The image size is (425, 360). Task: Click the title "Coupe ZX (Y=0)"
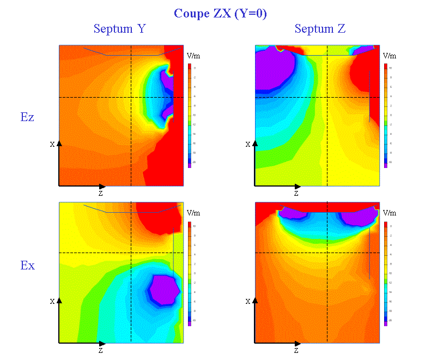tap(220, 14)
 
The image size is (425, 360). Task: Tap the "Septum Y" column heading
tap(119, 29)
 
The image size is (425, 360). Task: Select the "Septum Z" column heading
tap(320, 29)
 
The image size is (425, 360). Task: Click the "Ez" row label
tap(27, 117)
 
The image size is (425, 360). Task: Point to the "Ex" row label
tap(27, 266)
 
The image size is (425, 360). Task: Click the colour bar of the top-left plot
tap(190, 115)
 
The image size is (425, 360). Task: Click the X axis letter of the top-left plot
tap(52, 145)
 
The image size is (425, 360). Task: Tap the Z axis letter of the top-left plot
tap(100, 193)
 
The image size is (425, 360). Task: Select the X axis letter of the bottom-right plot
tap(248, 301)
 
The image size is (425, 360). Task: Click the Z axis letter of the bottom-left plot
tap(100, 350)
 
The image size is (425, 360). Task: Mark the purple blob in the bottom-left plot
tap(165, 289)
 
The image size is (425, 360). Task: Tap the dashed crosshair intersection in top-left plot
tap(131, 97)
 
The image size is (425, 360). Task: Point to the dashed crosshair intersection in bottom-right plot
tap(327, 253)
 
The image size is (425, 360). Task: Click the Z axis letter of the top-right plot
tap(296, 193)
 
